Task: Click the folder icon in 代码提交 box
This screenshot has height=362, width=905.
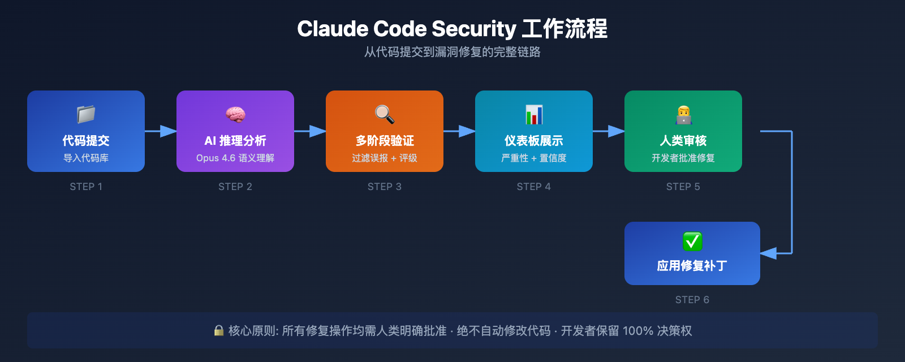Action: coord(86,114)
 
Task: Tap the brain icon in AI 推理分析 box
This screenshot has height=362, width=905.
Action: coord(235,114)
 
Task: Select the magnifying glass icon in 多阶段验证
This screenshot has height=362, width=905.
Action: coord(385,114)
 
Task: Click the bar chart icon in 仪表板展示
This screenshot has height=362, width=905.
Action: coord(534,114)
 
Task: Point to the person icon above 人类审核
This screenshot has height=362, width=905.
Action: coord(683,114)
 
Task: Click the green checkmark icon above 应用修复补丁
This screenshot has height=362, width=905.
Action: coord(692,242)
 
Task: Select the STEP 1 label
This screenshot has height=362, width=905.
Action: coord(86,187)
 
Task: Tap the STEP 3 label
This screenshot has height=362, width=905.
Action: coord(385,187)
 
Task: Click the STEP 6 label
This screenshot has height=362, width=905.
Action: coord(692,300)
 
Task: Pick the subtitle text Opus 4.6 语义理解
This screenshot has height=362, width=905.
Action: coord(235,158)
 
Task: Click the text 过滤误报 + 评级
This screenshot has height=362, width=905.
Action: coord(385,158)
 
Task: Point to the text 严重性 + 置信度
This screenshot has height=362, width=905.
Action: coord(534,158)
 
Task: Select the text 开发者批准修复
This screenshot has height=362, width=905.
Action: coord(683,158)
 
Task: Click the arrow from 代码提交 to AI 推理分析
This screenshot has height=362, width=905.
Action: coord(161,131)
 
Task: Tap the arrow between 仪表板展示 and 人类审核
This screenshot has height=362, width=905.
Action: coord(609,131)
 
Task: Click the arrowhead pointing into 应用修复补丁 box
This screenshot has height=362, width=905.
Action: coord(769,253)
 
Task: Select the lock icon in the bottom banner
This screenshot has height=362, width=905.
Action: coord(219,330)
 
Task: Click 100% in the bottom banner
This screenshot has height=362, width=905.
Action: coord(637,331)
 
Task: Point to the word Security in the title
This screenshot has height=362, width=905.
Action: coord(474,29)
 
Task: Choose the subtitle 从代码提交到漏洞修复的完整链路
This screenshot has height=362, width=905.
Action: coord(453,52)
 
